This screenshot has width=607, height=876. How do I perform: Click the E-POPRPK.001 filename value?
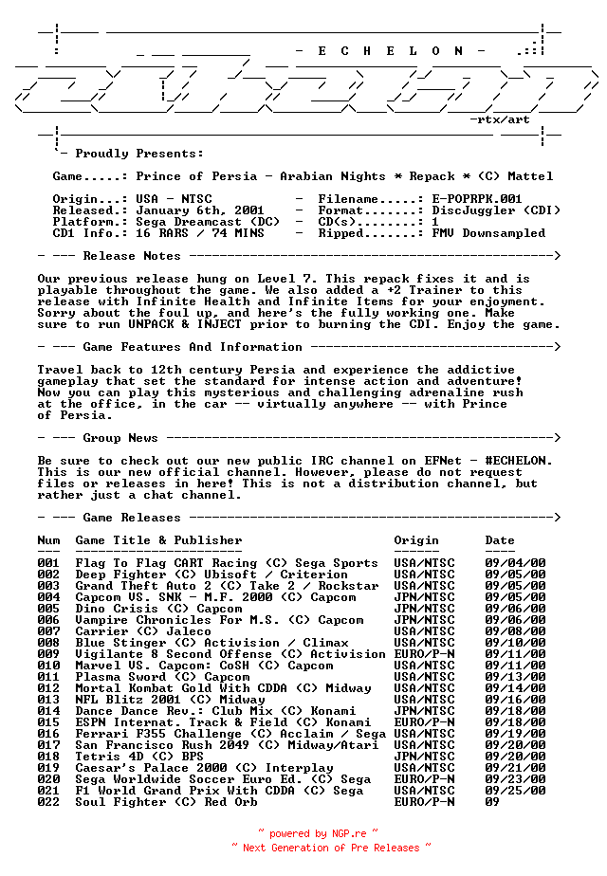[477, 199]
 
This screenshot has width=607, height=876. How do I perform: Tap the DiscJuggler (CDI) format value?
[488, 210]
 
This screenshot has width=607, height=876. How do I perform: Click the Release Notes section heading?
[131, 256]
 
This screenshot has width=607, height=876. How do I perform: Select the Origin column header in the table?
[416, 540]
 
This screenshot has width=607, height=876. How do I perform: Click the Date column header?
[500, 540]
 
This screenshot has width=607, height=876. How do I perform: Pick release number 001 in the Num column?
[48, 563]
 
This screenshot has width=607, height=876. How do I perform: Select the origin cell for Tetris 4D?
[424, 757]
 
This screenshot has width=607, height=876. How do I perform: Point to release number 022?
[48, 802]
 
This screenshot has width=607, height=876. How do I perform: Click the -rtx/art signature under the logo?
[500, 120]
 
